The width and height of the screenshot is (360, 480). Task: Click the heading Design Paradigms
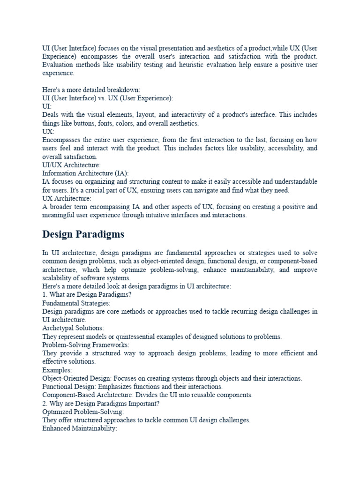[83, 233]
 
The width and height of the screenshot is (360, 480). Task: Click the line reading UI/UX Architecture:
[71, 165]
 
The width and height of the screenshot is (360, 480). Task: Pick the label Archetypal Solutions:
[73, 328]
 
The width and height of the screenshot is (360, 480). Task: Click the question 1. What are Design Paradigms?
[87, 295]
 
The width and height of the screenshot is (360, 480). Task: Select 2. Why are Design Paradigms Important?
[101, 403]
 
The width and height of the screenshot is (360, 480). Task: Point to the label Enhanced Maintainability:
[79, 428]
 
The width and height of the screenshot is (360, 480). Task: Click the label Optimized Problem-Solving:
[83, 412]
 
